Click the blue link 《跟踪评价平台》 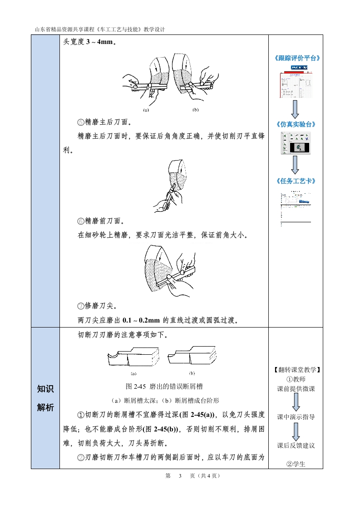(296, 59)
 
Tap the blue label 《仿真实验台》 (296, 124)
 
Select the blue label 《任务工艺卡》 (296, 181)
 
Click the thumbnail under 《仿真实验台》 (296, 143)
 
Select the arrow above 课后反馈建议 (296, 431)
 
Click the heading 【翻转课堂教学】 (296, 370)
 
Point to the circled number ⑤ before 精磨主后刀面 (81, 122)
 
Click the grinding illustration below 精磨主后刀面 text (171, 186)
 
